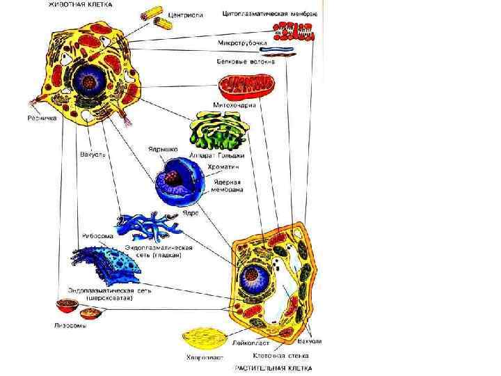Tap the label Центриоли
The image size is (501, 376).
[x=185, y=16]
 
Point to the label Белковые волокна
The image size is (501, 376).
[x=246, y=61]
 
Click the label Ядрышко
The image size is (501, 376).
[x=163, y=149]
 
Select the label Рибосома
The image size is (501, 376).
[x=94, y=235]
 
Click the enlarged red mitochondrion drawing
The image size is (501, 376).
[x=247, y=86]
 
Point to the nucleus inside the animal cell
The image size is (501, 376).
[x=89, y=79]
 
